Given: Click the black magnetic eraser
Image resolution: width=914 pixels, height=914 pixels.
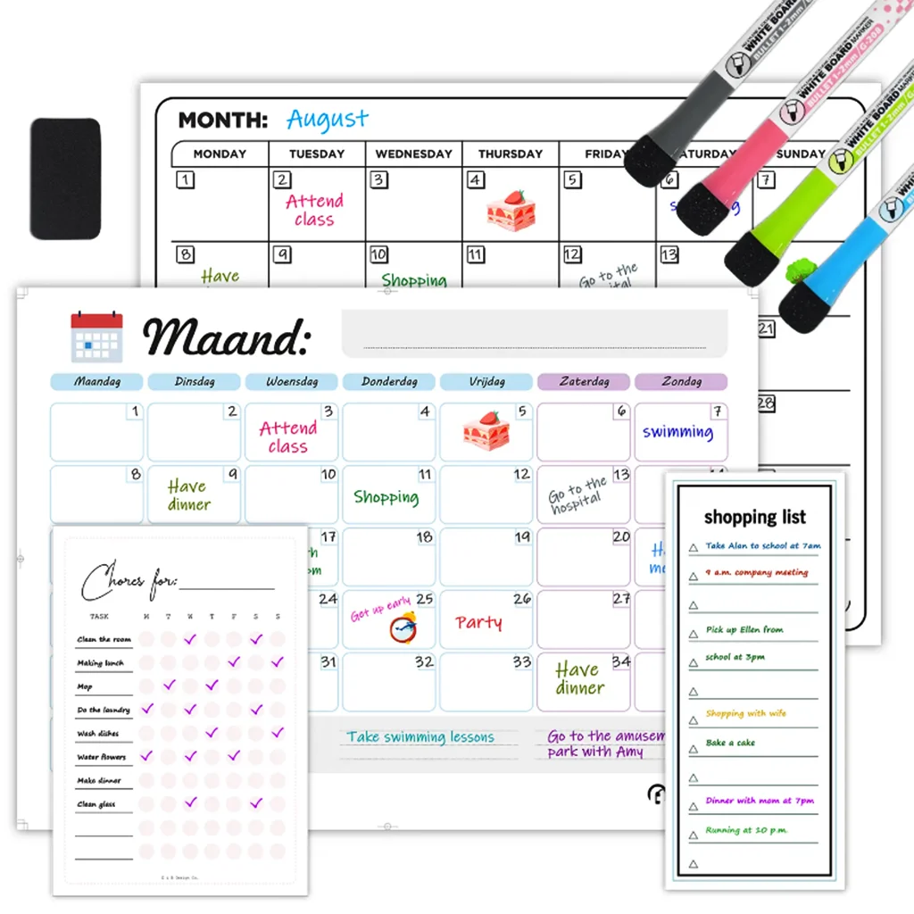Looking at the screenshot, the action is [x=65, y=179].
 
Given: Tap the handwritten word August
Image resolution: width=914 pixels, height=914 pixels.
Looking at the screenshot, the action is [x=327, y=119].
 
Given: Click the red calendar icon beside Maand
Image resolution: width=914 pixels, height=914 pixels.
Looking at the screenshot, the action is [x=96, y=337].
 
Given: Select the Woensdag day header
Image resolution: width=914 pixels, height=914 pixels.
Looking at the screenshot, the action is [x=292, y=382].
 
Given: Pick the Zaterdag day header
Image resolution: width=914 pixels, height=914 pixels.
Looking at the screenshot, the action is [x=584, y=382].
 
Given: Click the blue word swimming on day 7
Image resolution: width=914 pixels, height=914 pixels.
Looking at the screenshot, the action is [x=677, y=432].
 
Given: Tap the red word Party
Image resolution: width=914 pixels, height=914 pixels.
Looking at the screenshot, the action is [x=478, y=622].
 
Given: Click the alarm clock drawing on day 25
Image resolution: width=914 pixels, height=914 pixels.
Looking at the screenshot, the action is [x=403, y=628].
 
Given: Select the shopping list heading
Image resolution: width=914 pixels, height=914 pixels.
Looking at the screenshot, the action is [x=754, y=517].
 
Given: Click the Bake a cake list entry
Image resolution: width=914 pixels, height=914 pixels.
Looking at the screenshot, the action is [x=730, y=743].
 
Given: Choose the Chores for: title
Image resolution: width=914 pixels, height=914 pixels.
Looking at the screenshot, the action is [x=129, y=582].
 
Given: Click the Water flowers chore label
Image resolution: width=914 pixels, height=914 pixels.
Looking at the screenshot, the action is [x=102, y=757].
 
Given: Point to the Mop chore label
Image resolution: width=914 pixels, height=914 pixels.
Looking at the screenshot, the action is [x=85, y=686].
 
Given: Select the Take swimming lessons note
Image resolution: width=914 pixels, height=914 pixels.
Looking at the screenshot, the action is [x=420, y=737].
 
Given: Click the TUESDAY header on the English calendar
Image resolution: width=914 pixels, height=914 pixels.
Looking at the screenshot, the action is [x=317, y=154].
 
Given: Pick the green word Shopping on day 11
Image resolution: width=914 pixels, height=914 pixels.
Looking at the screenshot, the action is [x=386, y=497].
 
